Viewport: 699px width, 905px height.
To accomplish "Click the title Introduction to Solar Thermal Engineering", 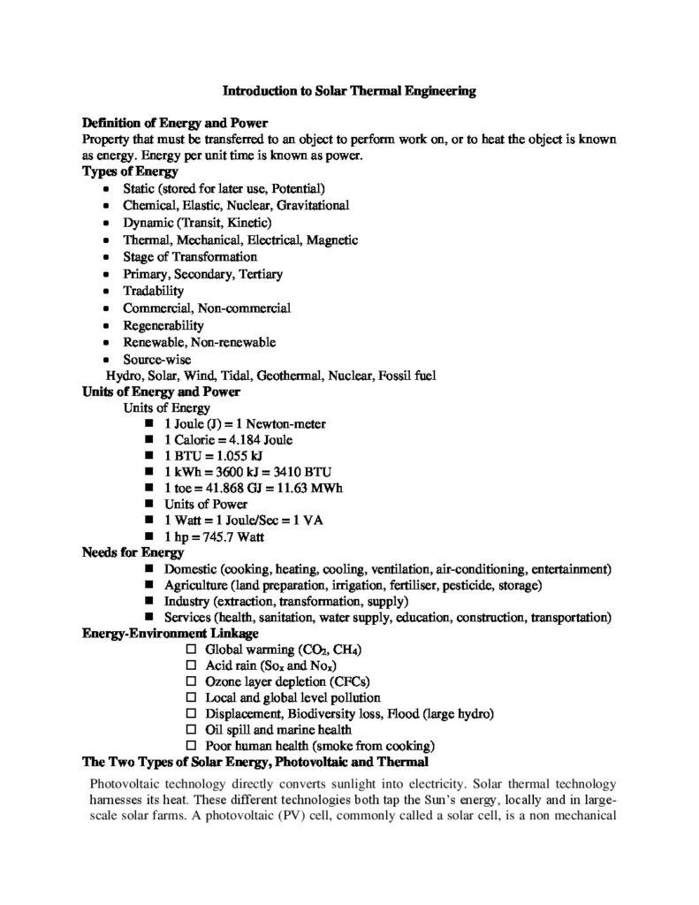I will click(x=349, y=90).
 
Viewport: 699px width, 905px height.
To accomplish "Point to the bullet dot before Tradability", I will click(x=106, y=292).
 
